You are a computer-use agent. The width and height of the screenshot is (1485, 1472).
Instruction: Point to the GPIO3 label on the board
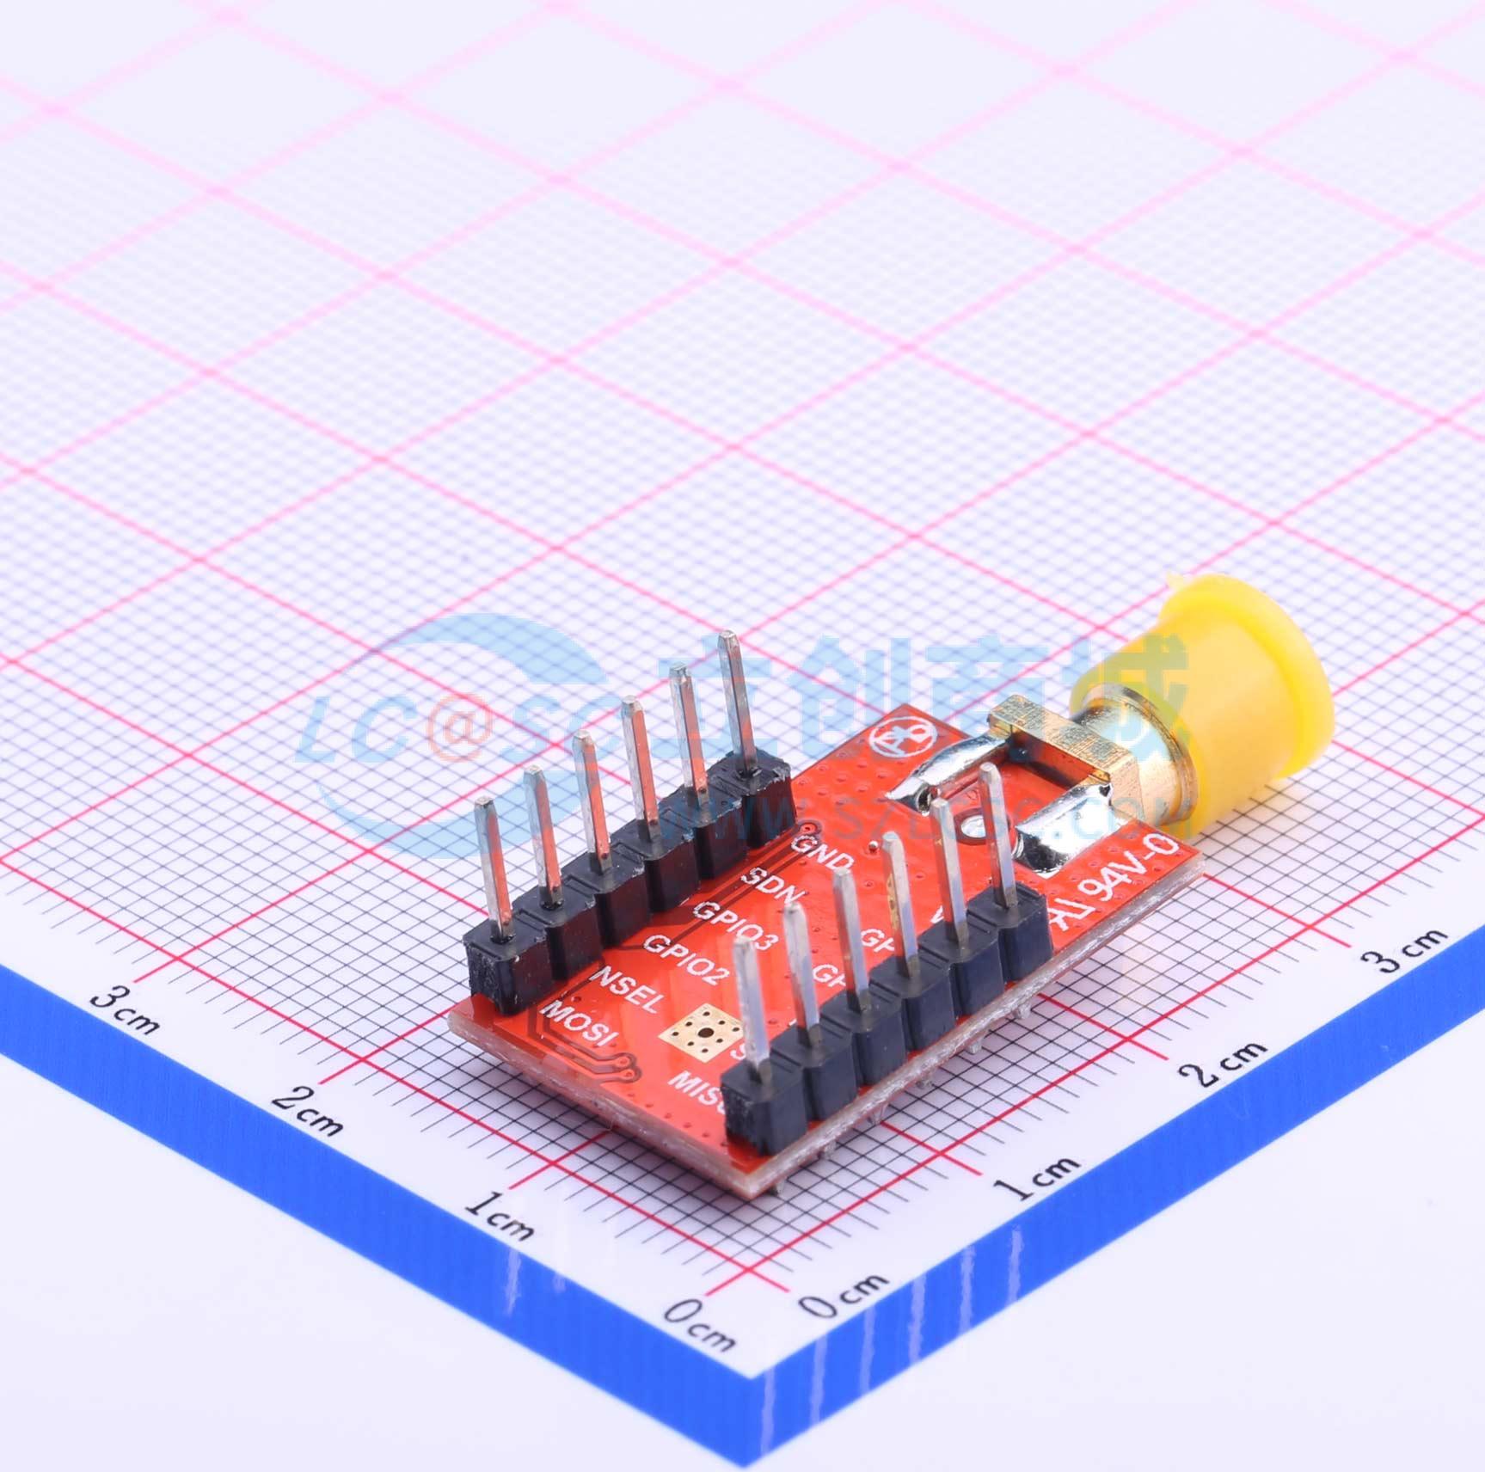(x=735, y=923)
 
